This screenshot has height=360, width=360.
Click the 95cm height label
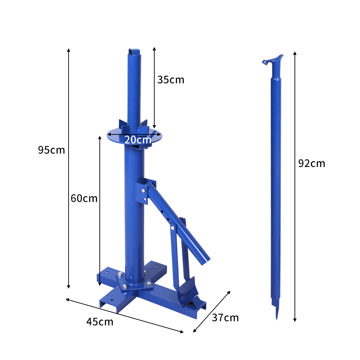pyautogui.click(x=51, y=150)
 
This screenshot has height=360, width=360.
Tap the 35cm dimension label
pyautogui.click(x=170, y=80)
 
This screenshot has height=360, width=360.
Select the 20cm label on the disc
pyautogui.click(x=137, y=140)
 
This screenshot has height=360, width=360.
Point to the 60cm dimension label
pyautogui.click(x=84, y=199)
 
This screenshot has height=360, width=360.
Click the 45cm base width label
pyautogui.click(x=99, y=322)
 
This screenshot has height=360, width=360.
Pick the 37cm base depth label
pyautogui.click(x=225, y=318)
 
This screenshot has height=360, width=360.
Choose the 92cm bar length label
pyautogui.click(x=311, y=164)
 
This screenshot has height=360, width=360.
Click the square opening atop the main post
pyautogui.click(x=134, y=52)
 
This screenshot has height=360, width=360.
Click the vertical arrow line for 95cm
pyautogui.click(x=69, y=206)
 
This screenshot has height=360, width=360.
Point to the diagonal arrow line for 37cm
pyautogui.click(x=212, y=312)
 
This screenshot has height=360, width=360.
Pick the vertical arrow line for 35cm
pyautogui.click(x=154, y=103)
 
